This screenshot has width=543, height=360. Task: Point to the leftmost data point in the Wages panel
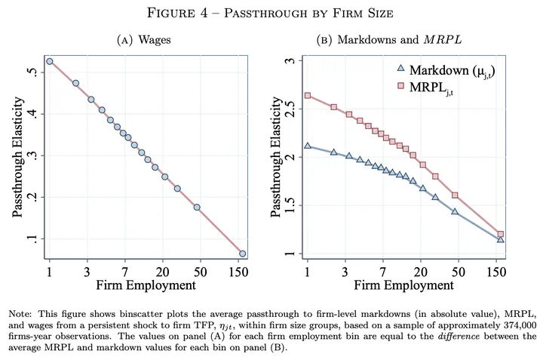tap(50, 61)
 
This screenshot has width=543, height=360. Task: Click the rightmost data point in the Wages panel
tap(242, 254)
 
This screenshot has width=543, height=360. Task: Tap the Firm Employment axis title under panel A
tap(145, 286)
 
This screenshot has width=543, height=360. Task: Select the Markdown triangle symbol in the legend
tap(400, 70)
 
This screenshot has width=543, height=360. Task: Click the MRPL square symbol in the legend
tap(400, 88)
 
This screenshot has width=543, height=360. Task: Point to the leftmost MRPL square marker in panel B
tap(308, 96)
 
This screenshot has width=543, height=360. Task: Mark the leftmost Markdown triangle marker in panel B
tap(308, 146)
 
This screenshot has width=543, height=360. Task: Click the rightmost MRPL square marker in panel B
tap(500, 234)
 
